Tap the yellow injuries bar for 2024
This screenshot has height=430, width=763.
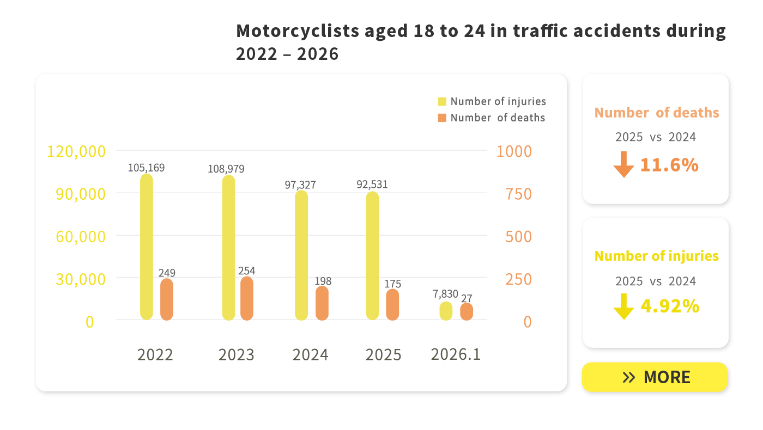pos(301,255)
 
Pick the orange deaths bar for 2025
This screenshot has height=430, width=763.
pos(392,305)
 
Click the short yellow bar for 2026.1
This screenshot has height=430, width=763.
pos(446,311)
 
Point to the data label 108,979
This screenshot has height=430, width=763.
pos(226,169)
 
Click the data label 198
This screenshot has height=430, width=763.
pos(323,281)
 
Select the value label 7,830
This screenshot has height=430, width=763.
pos(445,294)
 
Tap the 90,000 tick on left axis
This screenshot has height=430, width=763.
pos(81,194)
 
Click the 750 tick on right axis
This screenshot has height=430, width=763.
pos(518,194)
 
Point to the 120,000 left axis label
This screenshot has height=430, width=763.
pos(76,151)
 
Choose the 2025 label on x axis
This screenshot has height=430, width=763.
pos(383,355)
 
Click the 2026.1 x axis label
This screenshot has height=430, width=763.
pos(456,354)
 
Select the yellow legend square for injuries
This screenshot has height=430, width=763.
pos(442,102)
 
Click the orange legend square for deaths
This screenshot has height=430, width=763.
pos(442,118)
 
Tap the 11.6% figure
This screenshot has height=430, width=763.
pos(669,165)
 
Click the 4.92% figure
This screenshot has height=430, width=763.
pos(669,306)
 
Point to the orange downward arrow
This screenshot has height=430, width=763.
pos(623,165)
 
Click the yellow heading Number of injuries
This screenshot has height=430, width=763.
pos(656,256)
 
